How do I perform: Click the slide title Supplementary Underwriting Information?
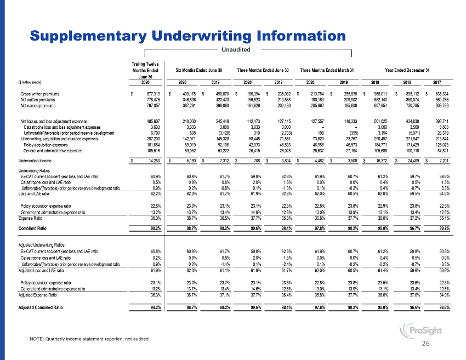coord(187,36)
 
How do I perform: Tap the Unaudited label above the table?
coord(235,50)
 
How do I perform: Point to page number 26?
coord(441,344)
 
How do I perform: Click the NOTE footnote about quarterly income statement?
coord(89,339)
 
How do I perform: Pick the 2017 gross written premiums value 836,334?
coord(440,94)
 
